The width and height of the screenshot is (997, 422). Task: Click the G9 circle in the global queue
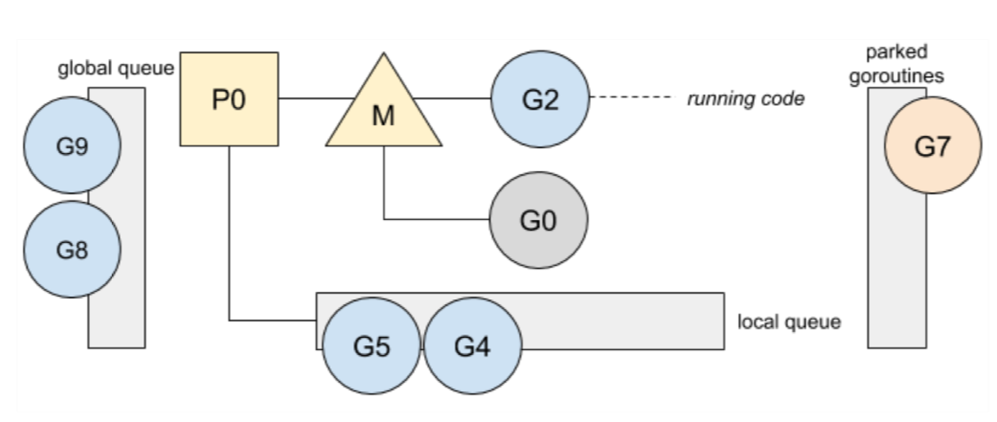(72, 146)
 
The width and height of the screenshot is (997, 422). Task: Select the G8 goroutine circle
(72, 249)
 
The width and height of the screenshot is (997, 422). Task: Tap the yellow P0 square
(229, 99)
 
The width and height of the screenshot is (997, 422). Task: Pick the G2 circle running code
(540, 99)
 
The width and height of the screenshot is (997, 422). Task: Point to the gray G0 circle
(539, 220)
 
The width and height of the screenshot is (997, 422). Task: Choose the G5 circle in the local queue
(371, 346)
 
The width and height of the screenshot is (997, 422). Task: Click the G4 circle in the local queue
(472, 346)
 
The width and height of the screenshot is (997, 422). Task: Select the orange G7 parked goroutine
(933, 146)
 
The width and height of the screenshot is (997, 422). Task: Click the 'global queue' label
(116, 69)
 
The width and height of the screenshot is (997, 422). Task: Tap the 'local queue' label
(789, 322)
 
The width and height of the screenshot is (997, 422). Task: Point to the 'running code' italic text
(746, 99)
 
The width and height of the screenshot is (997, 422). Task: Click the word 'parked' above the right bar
(897, 52)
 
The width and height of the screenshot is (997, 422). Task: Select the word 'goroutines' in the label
(896, 75)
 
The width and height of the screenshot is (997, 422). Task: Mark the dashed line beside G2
(633, 97)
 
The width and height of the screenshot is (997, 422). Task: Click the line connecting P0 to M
(317, 98)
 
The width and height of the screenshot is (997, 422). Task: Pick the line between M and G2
(452, 98)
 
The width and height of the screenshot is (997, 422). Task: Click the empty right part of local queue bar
(623, 321)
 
